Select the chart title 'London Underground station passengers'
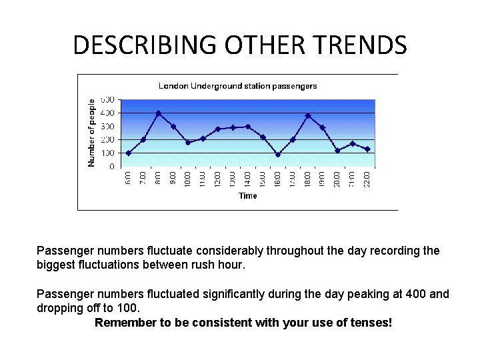tap(237, 86)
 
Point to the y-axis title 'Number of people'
tap(92, 133)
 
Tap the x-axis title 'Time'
tap(247, 196)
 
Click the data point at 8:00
tap(158, 113)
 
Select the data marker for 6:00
tap(129, 153)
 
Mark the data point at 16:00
tap(278, 155)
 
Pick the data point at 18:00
tap(307, 116)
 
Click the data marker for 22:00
tap(367, 149)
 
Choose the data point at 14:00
tap(248, 127)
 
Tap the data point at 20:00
tap(337, 151)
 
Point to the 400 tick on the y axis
tap(107, 113)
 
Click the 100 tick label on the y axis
tap(107, 153)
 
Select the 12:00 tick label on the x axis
tap(218, 179)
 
